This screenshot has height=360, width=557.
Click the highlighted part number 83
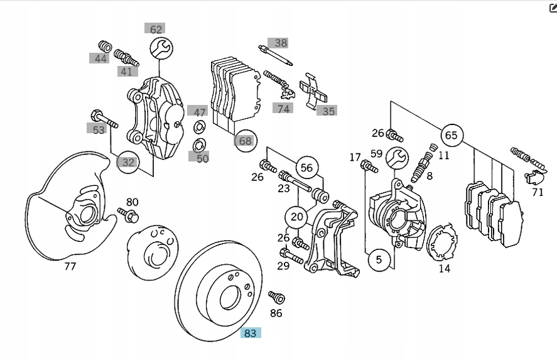click(x=251, y=332)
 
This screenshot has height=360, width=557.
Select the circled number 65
click(x=451, y=135)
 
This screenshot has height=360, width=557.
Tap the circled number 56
click(x=306, y=168)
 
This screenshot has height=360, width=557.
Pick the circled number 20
click(x=296, y=217)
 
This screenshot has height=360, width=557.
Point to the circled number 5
click(x=379, y=259)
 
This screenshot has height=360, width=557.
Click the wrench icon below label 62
click(x=161, y=48)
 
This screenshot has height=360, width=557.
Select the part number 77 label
click(x=70, y=266)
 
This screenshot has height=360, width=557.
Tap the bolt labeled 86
click(x=276, y=297)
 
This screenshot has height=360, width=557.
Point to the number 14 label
click(x=444, y=269)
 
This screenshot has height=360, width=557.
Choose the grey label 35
click(x=328, y=111)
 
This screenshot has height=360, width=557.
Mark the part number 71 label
click(x=538, y=192)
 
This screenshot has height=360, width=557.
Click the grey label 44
click(x=100, y=58)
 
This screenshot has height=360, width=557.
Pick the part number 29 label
click(x=283, y=266)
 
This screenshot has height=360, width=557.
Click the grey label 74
click(x=283, y=108)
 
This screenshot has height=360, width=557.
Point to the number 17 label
click(x=355, y=157)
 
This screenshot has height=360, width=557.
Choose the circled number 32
click(x=128, y=162)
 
